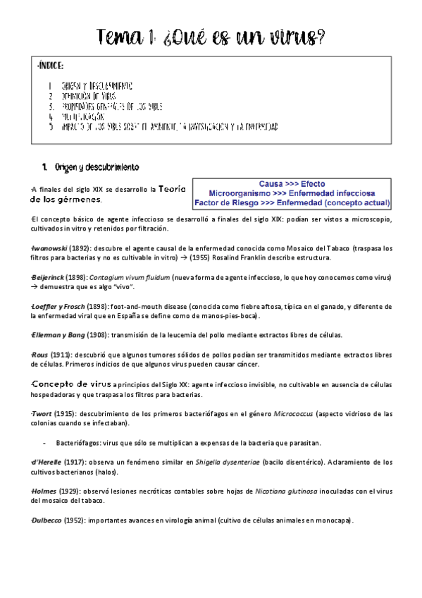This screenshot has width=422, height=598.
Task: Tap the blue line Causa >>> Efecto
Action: click(x=292, y=183)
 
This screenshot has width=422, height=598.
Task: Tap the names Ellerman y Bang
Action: click(x=60, y=334)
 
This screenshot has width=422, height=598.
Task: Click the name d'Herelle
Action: click(x=47, y=461)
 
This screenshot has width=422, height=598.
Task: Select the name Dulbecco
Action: click(x=47, y=520)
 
